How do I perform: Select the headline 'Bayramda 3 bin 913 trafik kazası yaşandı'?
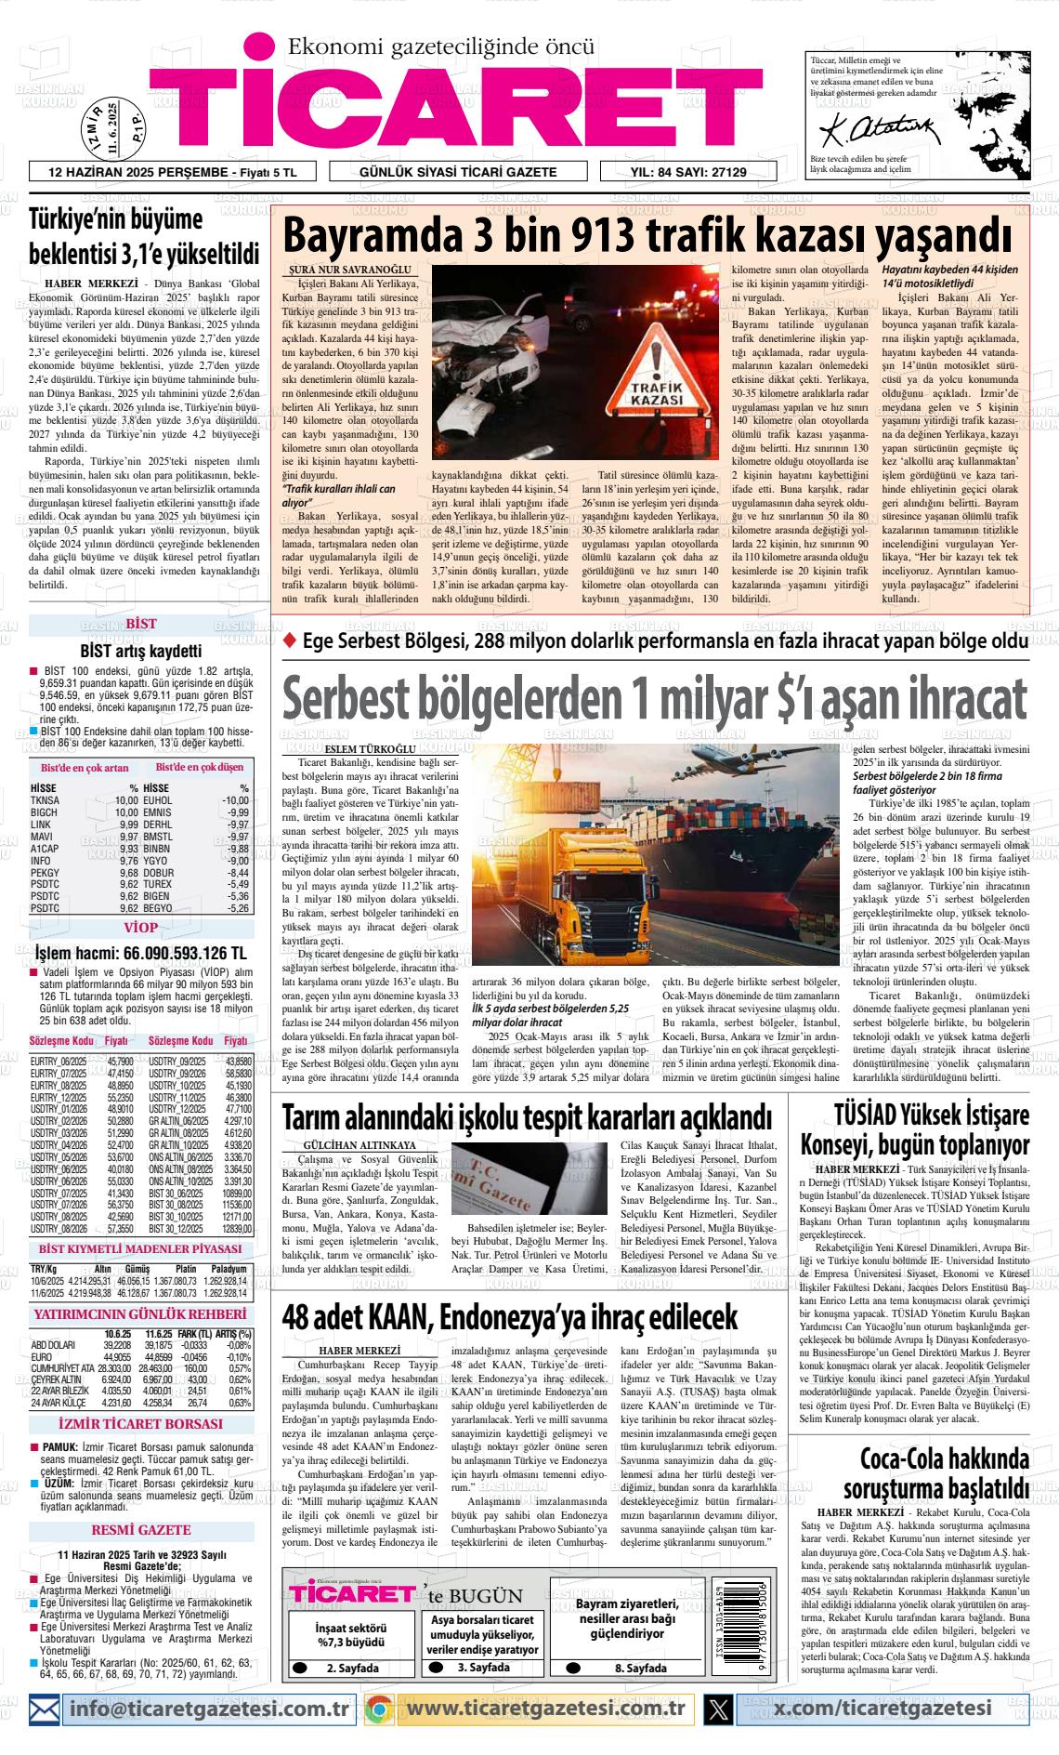coord(647,236)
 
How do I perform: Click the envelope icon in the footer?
coord(44,1708)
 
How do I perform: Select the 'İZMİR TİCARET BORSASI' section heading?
coord(140,1423)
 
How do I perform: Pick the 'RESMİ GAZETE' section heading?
coord(140,1529)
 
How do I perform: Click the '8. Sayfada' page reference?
coord(640,1668)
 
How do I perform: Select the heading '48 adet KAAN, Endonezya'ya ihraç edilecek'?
coord(509,1315)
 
